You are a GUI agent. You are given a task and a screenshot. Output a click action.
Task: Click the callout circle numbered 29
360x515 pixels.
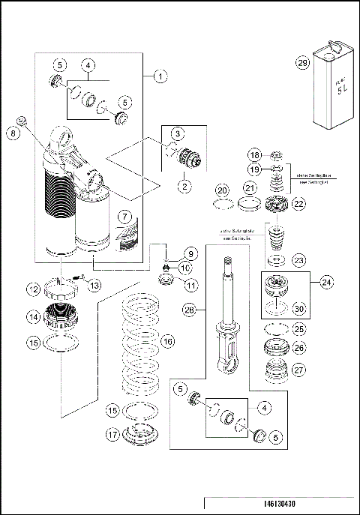point(302,64)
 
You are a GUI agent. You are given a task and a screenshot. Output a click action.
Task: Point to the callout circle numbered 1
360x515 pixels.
point(160,75)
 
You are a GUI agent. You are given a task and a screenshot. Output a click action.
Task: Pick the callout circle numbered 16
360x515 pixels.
point(168,341)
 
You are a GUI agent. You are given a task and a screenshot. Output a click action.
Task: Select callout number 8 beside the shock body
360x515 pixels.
point(12,133)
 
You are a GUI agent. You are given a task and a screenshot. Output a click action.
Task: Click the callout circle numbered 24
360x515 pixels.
point(327,283)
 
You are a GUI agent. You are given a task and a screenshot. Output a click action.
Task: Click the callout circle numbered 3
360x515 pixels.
point(177,133)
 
